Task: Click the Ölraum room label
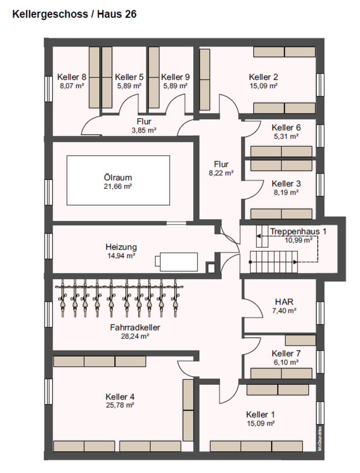tap(118, 177)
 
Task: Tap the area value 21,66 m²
tap(118, 186)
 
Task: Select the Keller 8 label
tap(72, 77)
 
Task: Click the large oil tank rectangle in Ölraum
tap(118, 180)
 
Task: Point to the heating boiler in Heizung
tap(177, 262)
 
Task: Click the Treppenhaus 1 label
tap(298, 232)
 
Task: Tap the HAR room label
tap(284, 302)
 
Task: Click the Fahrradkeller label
tap(135, 327)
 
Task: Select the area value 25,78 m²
tap(120, 405)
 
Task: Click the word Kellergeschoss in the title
tap(50, 14)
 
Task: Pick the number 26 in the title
tap(130, 14)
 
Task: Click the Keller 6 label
tap(286, 128)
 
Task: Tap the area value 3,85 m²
tap(144, 130)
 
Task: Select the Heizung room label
tap(121, 247)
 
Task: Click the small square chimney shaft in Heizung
tap(211, 268)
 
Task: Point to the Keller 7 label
tap(286, 353)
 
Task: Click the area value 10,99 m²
tap(299, 240)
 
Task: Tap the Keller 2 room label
tap(263, 77)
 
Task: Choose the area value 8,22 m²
tap(221, 173)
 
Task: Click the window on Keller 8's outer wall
tap(48, 89)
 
